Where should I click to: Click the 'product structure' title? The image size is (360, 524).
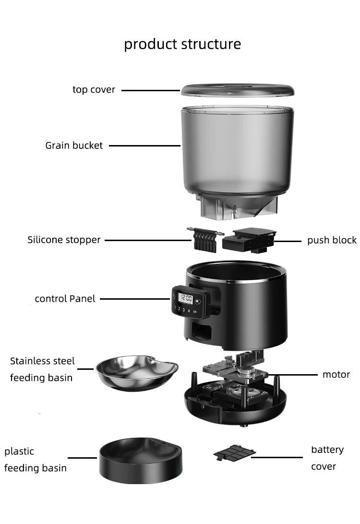point(182,44)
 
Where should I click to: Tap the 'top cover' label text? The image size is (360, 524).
point(94,90)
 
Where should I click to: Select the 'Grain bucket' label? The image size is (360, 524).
point(74,145)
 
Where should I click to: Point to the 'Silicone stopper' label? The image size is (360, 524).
point(64,240)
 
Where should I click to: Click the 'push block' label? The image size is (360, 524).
point(332,240)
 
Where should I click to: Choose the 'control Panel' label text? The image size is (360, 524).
point(65,299)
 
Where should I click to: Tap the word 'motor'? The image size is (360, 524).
point(336,374)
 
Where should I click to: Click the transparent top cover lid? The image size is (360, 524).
point(237,90)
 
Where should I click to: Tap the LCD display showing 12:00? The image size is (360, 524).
point(185,299)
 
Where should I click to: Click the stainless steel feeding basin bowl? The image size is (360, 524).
point(136,372)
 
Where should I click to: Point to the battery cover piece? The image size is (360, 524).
point(234,452)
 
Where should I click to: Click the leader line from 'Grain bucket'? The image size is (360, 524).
point(144,146)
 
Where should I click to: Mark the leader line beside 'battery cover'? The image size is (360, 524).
point(276,457)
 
